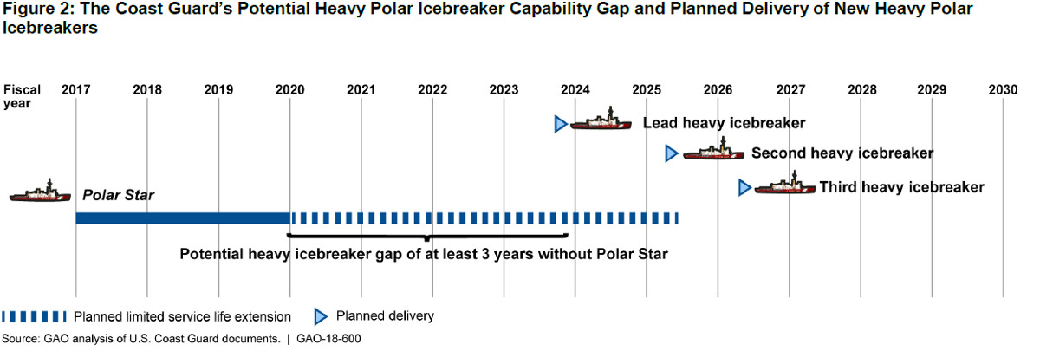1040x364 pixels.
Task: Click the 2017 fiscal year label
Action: pos(75,89)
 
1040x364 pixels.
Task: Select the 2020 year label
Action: pos(289,89)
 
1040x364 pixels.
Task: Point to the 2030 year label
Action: pos(1003,89)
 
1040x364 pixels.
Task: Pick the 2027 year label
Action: pos(789,89)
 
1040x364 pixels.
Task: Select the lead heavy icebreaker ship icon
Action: pos(601,120)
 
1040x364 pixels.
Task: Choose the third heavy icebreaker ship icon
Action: pos(784,185)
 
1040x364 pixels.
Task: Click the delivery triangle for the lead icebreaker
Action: pos(560,124)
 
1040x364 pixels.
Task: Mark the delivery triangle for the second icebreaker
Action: pos(670,153)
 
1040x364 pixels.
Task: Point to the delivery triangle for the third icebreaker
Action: pos(744,187)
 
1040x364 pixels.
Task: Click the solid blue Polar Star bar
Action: pos(182,218)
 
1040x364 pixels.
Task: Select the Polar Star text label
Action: pos(118,195)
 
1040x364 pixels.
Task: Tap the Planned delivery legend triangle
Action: pos(319,315)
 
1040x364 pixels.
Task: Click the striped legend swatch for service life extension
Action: pos(34,315)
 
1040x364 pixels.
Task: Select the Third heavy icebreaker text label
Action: pos(901,186)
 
